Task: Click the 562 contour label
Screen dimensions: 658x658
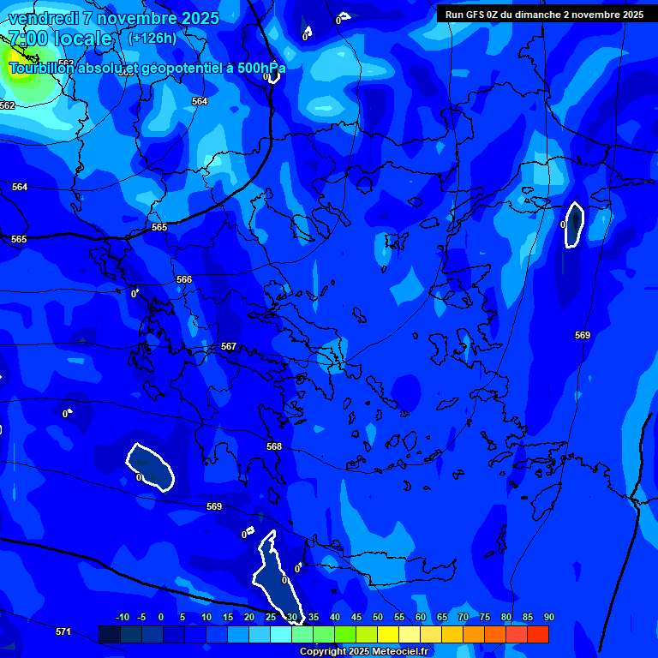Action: [8, 105]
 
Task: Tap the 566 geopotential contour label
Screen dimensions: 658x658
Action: [184, 279]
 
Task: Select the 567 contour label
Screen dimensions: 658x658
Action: [229, 346]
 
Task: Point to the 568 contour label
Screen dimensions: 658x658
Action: [274, 446]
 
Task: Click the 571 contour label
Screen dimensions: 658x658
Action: [63, 631]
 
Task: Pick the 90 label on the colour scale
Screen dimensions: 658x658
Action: [548, 617]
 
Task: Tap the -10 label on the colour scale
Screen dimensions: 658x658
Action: [123, 617]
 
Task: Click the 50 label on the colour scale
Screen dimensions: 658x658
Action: [377, 617]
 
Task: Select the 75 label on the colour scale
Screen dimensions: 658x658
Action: [484, 617]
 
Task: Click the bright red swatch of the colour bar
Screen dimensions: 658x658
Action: [538, 634]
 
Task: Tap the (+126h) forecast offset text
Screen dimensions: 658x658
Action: [152, 38]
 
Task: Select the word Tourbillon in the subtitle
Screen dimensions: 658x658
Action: [42, 68]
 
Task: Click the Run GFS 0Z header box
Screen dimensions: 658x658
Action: [544, 15]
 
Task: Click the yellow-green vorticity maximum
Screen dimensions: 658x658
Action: [17, 72]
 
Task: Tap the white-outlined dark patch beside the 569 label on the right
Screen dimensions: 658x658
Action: [574, 224]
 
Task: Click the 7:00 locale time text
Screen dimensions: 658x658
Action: [60, 39]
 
